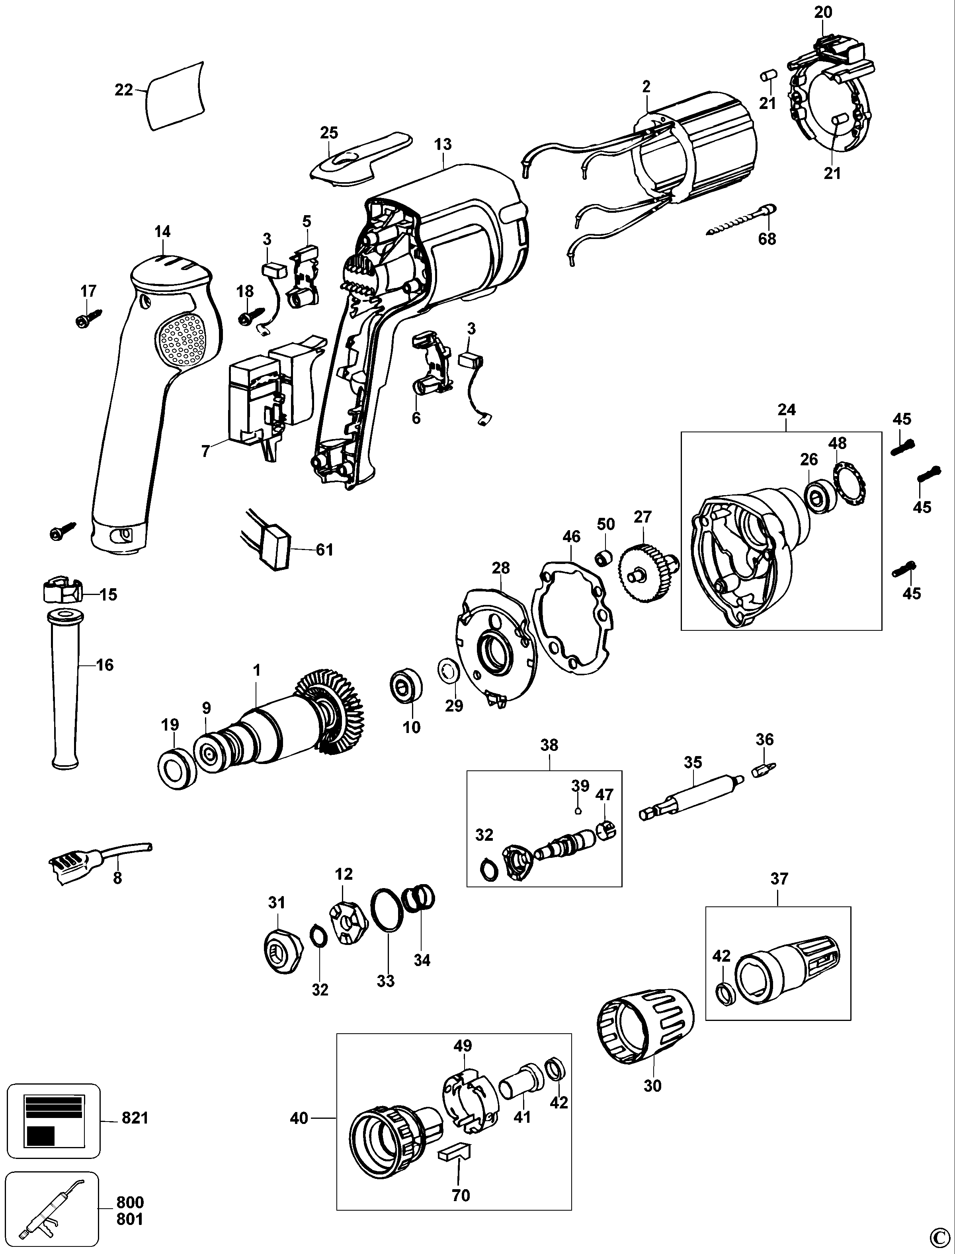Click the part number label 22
pyautogui.click(x=123, y=90)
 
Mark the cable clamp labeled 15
pyautogui.click(x=61, y=592)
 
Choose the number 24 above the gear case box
pyautogui.click(x=787, y=410)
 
